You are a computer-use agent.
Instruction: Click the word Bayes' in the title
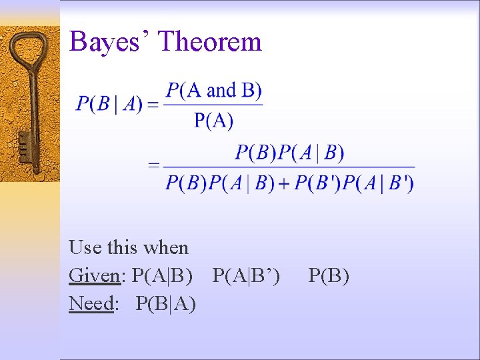(110, 42)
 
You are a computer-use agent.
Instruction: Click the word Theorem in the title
(211, 42)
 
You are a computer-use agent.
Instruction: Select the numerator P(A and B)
(214, 90)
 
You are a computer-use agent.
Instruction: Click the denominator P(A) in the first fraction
(214, 120)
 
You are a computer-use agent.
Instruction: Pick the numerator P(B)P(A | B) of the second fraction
(289, 153)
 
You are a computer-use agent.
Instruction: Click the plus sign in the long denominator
(285, 183)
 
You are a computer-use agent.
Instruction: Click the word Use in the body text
(85, 248)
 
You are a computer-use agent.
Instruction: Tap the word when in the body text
(167, 248)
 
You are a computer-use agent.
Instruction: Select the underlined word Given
(92, 276)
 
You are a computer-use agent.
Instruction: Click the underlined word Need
(91, 304)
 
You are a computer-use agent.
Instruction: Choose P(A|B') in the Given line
(246, 276)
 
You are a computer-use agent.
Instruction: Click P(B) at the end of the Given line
(329, 276)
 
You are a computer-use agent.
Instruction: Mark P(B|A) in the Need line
(165, 304)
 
